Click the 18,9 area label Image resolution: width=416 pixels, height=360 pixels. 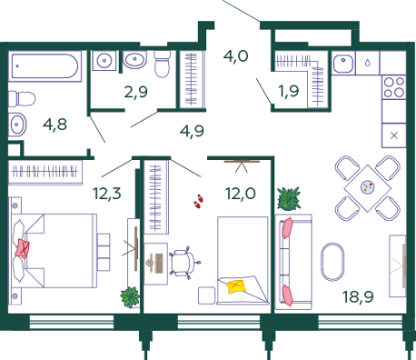coord(358,297)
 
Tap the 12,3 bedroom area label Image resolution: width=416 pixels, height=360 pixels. coord(106,194)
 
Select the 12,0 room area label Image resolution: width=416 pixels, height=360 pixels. coord(241,194)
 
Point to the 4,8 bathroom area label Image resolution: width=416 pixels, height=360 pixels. coord(54,125)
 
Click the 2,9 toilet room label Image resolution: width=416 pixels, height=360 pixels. coord(136,92)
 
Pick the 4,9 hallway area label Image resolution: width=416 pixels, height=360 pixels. coord(192,131)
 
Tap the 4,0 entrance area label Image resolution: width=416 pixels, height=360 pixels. coord(236,56)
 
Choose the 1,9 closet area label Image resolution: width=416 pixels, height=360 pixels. coord(289,91)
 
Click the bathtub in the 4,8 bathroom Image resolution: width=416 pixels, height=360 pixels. coord(45,66)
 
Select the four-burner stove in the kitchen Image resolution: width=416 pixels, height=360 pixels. coord(393,87)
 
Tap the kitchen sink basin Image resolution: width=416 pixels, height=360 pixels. coord(343,64)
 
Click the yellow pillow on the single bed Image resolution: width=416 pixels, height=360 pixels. coord(236,286)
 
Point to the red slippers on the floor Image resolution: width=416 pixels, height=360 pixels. coord(199,201)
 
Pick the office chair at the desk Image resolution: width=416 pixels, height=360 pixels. coord(184,263)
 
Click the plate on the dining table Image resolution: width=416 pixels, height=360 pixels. coord(368,186)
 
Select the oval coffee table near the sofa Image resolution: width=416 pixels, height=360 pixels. coord(332,262)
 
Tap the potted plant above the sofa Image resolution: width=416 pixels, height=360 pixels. coord(289,198)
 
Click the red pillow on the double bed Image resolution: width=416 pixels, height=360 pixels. coord(23,248)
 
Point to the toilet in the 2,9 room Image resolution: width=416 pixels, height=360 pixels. coord(163,65)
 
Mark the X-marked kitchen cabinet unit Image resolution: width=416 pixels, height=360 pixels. coord(393,135)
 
